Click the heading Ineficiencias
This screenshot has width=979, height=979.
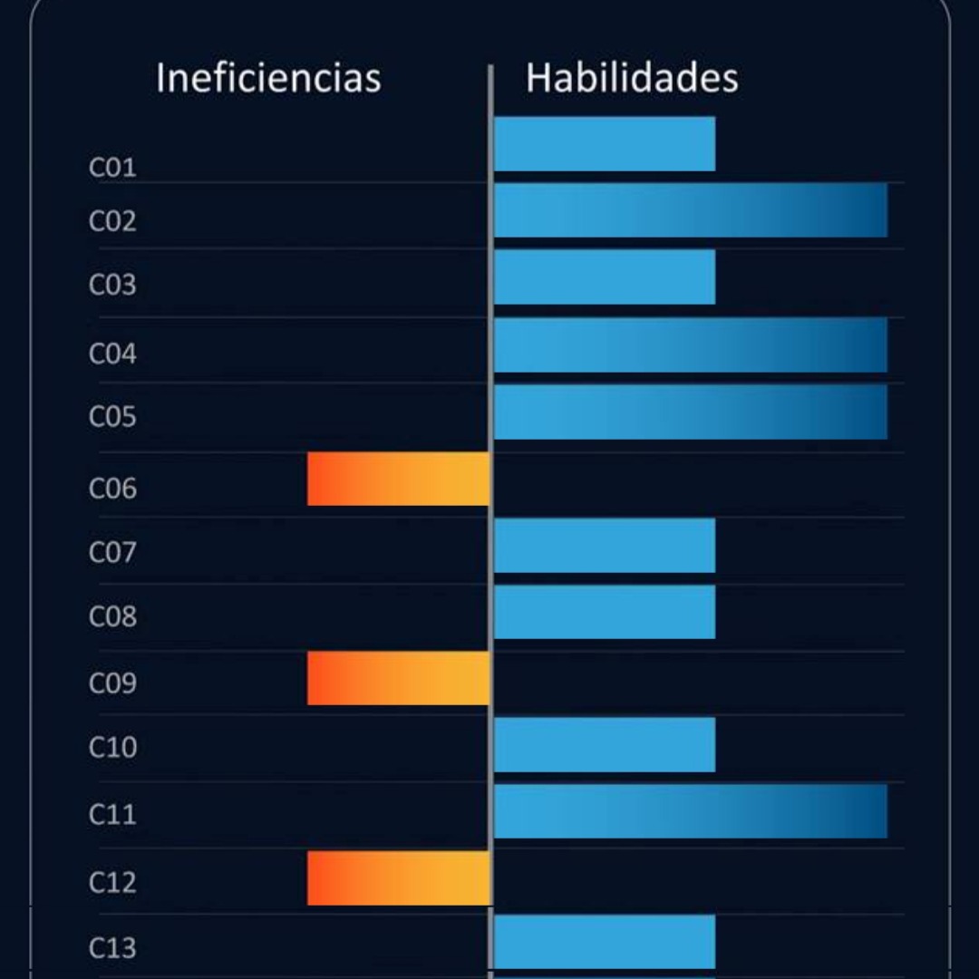[x=268, y=78]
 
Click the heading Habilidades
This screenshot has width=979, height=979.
[x=632, y=78]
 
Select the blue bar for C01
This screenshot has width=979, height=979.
[x=605, y=143]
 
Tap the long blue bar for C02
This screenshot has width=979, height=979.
[x=690, y=210]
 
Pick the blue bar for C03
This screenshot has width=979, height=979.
[x=605, y=277]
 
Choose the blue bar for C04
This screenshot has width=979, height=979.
[x=690, y=344]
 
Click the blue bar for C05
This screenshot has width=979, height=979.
[x=690, y=412]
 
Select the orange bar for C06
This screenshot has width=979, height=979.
[x=399, y=479]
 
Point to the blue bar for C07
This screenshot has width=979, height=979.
[x=605, y=546]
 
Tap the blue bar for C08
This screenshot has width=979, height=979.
[x=605, y=612]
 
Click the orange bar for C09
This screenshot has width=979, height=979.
[x=399, y=678]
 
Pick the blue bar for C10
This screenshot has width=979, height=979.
[x=605, y=744]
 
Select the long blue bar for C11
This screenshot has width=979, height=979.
[x=690, y=811]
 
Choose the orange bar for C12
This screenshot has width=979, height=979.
[x=399, y=877]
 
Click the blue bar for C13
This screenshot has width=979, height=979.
[x=605, y=942]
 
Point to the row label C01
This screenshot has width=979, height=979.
[x=112, y=168]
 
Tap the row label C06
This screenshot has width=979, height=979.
[x=112, y=489]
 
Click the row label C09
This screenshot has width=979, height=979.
[x=112, y=683]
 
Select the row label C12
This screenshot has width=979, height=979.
[x=112, y=882]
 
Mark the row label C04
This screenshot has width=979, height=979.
[x=112, y=354]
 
